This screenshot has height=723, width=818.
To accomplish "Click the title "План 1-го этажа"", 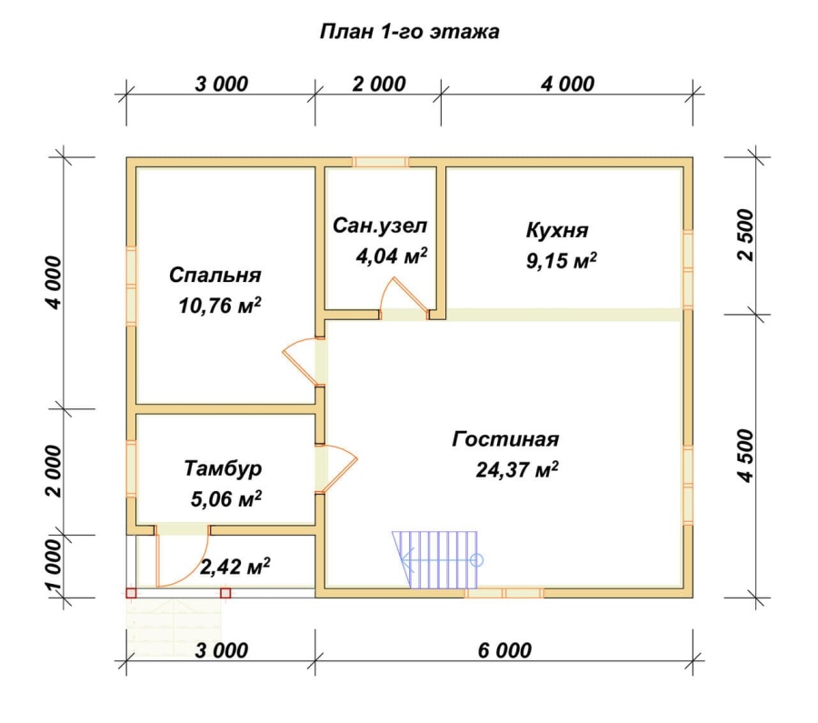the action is tap(409, 32).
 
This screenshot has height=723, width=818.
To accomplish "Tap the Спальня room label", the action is tap(214, 275).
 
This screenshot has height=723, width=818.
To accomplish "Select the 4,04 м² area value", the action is tap(391, 256).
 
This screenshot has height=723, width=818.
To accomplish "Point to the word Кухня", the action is tap(557, 230).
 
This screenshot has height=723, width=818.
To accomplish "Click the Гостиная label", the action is tap(505, 439).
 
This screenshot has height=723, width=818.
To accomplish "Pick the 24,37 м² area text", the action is tap(516, 469).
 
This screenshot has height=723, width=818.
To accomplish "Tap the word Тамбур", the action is tap(223, 468).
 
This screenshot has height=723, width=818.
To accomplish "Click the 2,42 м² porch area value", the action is tap(234, 566).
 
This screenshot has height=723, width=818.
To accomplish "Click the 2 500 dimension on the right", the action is tap(746, 235).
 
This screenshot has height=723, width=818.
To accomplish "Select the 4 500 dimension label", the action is tap(746, 456).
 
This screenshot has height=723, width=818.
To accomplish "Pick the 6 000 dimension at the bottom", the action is tap(504, 650).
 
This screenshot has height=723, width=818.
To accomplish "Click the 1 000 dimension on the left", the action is tap(55, 566).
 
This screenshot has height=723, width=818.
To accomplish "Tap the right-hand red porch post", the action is tap(225, 593).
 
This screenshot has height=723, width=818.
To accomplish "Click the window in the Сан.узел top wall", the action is tap(380, 162).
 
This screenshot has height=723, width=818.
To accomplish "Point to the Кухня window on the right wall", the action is tap(688, 269).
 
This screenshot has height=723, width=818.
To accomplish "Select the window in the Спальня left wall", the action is tap(131, 286).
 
